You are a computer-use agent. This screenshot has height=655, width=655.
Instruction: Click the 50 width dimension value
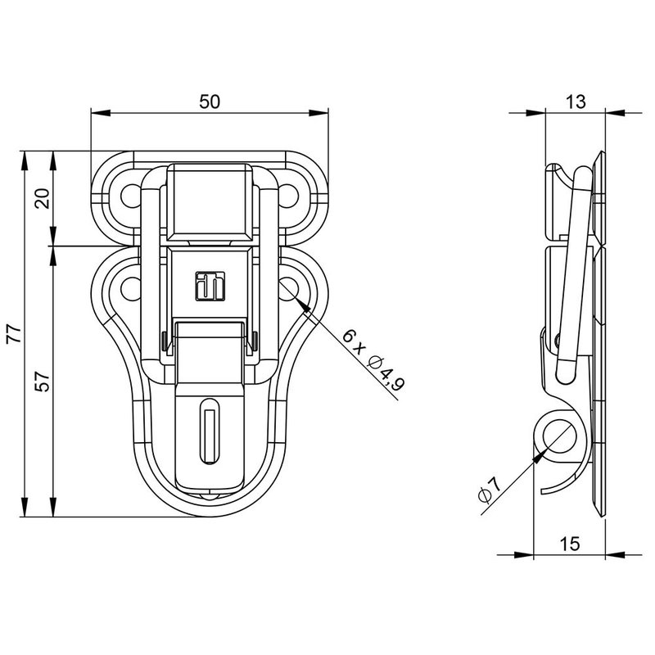210,102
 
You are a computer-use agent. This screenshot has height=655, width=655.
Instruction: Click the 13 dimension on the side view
576,102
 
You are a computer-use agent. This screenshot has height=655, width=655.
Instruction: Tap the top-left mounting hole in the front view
130,196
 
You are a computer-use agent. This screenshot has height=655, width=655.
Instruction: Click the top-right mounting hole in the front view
288,196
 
